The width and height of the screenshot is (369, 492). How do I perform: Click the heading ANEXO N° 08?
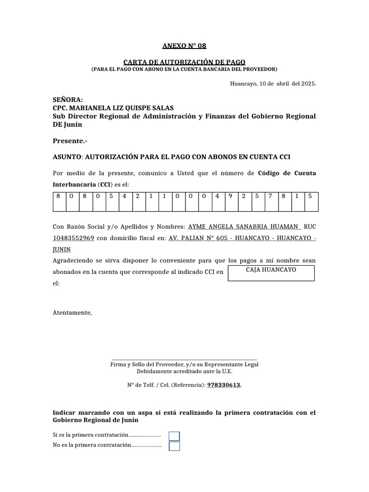(184, 46)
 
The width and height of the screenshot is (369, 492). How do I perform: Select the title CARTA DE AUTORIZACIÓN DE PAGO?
(184, 62)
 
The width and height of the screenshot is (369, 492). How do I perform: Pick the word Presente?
(69, 141)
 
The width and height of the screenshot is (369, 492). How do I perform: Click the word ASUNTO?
(67, 157)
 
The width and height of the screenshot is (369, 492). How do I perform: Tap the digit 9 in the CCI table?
(231, 196)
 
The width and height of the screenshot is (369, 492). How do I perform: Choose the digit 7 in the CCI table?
(271, 196)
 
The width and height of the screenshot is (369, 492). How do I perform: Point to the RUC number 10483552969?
(73, 238)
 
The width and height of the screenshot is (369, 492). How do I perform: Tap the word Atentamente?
(72, 313)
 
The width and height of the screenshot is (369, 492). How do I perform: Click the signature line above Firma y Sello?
(184, 359)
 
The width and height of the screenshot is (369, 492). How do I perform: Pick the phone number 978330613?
(224, 385)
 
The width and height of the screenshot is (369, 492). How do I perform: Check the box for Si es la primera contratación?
(174, 436)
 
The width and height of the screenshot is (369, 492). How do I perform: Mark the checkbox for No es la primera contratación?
(174, 446)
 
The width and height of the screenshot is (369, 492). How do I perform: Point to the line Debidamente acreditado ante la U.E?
(184, 372)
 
